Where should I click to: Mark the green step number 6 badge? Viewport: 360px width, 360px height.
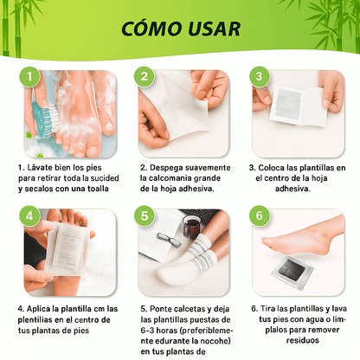(x=258, y=215)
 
